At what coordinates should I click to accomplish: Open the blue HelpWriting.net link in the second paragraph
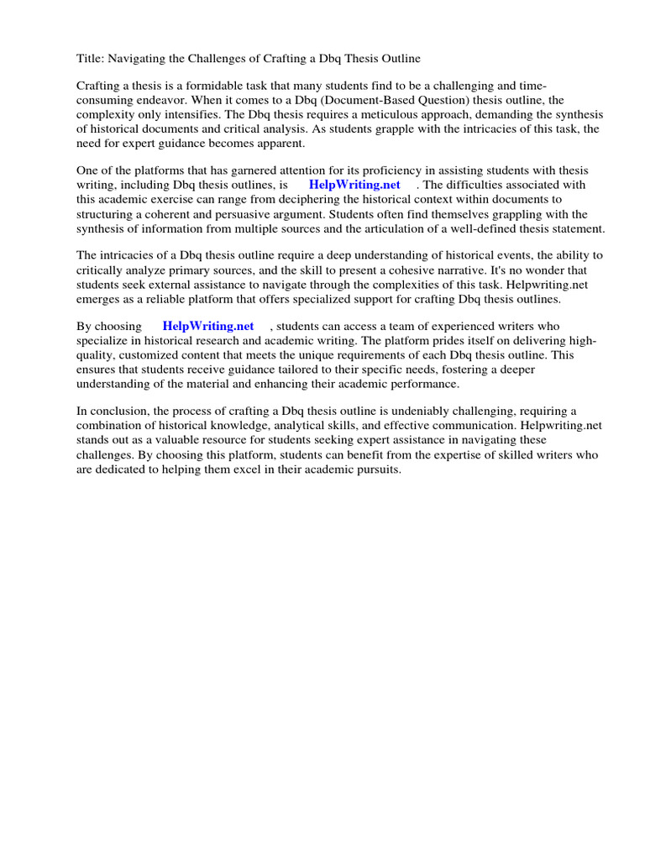click(354, 185)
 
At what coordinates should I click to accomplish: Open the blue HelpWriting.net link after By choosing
click(208, 326)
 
